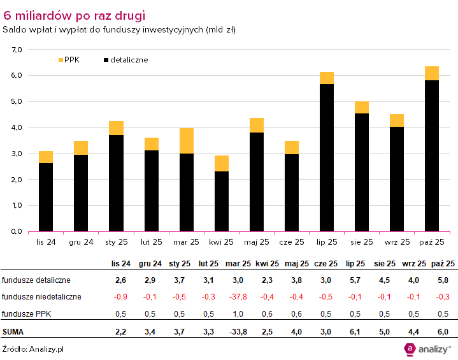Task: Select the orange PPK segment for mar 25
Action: point(186,141)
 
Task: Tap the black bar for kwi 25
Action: point(221,201)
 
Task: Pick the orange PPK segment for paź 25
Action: point(431,73)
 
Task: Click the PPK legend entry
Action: point(66,59)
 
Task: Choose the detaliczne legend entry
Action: point(125,59)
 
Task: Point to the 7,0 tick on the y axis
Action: point(16,49)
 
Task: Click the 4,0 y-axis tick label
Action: point(16,127)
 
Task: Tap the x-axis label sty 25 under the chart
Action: point(116,242)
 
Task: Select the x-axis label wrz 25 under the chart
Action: point(396,242)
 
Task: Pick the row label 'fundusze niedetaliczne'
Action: point(41,296)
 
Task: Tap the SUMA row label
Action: point(13,331)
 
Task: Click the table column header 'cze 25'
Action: point(326,263)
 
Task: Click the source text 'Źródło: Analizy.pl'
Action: point(32,349)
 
